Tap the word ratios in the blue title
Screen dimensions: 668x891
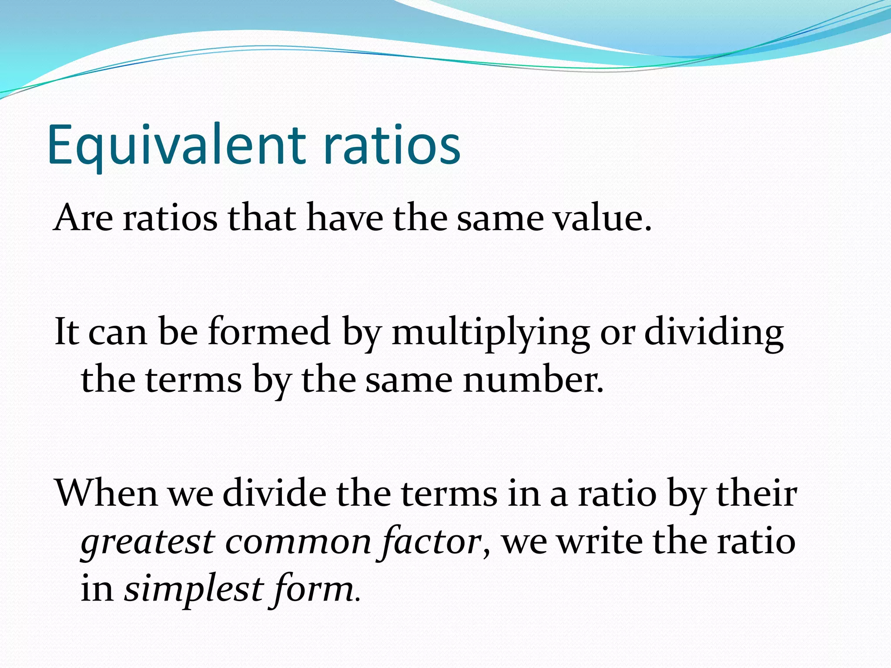(391, 145)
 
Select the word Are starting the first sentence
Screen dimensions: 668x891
(83, 218)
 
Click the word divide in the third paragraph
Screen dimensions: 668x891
(275, 494)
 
